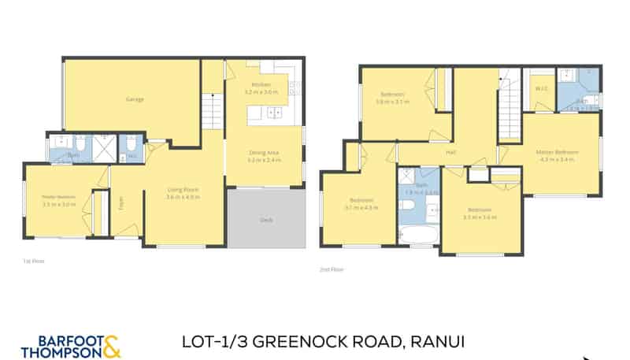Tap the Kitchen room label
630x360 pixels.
point(261,84)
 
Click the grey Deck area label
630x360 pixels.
point(266,221)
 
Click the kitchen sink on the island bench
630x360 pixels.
point(276,113)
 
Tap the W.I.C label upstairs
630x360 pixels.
point(541,89)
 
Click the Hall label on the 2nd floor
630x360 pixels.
point(451,153)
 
